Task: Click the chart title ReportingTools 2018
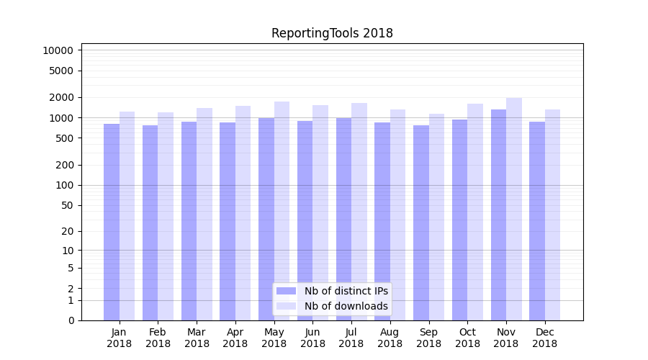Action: (x=332, y=33)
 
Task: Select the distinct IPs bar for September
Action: (x=421, y=222)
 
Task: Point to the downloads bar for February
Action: (x=166, y=216)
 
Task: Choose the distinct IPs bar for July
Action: (x=343, y=219)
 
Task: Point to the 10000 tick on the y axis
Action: (x=58, y=50)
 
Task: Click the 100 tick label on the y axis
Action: (x=63, y=185)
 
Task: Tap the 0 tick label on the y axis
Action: (x=71, y=320)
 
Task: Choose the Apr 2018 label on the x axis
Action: (x=235, y=338)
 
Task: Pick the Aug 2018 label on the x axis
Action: (x=390, y=338)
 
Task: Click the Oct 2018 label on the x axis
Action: (x=467, y=338)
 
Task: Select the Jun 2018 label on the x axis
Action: (x=312, y=338)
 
